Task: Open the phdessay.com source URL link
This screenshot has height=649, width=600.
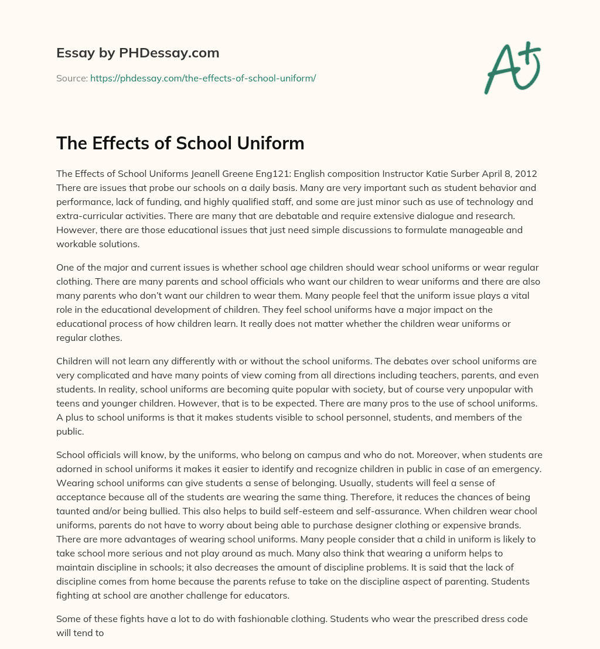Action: (203, 78)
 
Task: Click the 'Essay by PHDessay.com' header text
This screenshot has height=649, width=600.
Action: (138, 53)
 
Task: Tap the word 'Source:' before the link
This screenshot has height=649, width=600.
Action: (71, 78)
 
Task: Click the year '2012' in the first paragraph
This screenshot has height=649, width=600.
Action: (526, 174)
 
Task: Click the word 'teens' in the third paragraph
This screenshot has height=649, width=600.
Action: (68, 404)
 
